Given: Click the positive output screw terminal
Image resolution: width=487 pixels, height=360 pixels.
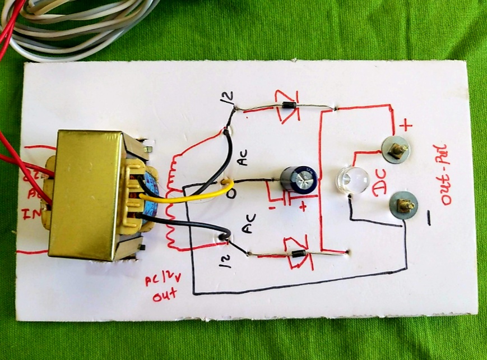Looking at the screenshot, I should (397, 149).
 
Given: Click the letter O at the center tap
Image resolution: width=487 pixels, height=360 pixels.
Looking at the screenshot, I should (230, 193).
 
